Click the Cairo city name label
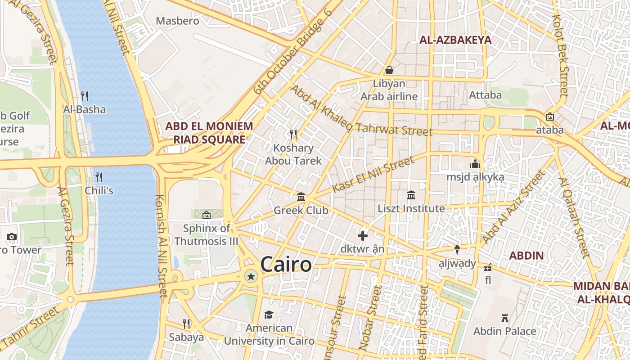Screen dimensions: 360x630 click(286, 264)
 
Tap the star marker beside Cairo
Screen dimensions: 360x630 click(251, 276)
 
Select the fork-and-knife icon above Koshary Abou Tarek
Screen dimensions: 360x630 click(293, 134)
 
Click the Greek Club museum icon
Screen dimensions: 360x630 click(301, 197)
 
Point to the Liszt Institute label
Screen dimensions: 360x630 click(411, 209)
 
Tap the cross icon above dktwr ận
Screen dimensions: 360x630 click(363, 235)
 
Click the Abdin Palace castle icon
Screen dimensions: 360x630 click(505, 318)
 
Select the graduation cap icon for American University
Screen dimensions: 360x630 click(269, 315)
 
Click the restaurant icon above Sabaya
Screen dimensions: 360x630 click(186, 324)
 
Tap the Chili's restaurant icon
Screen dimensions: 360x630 click(99, 177)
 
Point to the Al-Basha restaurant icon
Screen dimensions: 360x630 click(84, 96)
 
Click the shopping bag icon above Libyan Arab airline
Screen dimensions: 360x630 click(389, 70)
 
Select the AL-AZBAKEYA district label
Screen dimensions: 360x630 click(455, 40)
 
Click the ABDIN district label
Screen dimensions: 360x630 click(526, 256)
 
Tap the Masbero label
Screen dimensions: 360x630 click(177, 21)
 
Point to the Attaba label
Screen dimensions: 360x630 click(485, 95)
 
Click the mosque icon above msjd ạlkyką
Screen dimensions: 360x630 click(475, 164)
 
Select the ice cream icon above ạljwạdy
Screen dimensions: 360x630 click(457, 249)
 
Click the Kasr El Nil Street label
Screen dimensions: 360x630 click(373, 175)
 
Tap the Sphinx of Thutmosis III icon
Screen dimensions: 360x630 click(207, 215)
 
